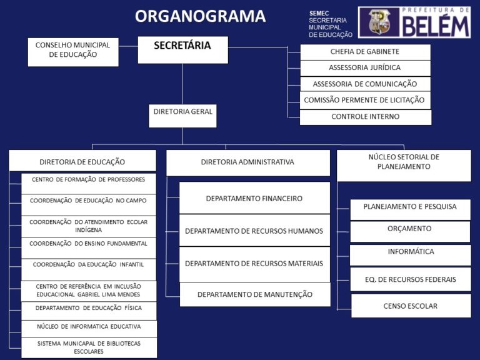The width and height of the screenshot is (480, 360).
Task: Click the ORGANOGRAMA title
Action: click(x=200, y=16)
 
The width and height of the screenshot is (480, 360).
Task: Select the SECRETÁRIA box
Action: click(x=182, y=50)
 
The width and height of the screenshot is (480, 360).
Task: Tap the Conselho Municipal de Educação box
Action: click(x=73, y=52)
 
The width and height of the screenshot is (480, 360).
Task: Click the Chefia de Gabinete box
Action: click(x=365, y=52)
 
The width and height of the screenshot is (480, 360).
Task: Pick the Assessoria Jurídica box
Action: click(x=365, y=68)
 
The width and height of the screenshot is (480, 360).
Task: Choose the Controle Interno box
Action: click(x=366, y=117)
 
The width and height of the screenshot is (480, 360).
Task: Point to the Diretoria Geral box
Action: click(x=182, y=116)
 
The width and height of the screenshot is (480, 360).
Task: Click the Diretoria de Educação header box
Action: click(x=82, y=161)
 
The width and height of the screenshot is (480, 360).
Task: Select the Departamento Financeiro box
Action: click(x=254, y=197)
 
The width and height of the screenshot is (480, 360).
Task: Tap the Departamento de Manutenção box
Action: click(x=255, y=294)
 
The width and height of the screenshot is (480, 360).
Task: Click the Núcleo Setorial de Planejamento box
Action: click(x=404, y=166)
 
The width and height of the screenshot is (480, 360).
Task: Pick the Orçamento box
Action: click(x=410, y=231)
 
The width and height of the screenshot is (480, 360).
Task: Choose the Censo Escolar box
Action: click(x=411, y=306)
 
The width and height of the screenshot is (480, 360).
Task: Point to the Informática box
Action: click(x=410, y=255)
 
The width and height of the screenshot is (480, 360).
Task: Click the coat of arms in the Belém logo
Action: click(x=379, y=22)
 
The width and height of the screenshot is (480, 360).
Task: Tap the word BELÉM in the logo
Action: click(x=436, y=26)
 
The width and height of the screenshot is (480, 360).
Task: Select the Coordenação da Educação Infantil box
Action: click(x=89, y=270)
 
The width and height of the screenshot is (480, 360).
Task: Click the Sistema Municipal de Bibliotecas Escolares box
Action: click(x=89, y=347)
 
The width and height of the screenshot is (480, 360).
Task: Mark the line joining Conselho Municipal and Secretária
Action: click(x=128, y=46)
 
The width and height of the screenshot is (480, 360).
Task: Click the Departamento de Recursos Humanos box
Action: click(x=254, y=231)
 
